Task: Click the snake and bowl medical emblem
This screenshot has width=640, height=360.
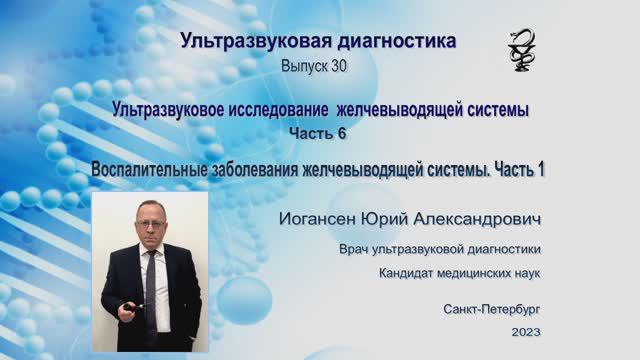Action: (x=522, y=49)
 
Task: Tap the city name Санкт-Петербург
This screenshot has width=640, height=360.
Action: (x=492, y=310)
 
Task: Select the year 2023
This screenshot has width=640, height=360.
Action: (x=525, y=332)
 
